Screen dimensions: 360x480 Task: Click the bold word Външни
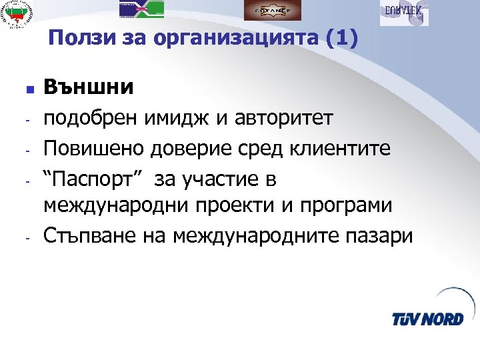(89, 87)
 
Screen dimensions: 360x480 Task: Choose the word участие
(224, 178)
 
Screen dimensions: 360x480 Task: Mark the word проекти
(235, 205)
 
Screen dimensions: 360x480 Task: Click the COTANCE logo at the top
(272, 11)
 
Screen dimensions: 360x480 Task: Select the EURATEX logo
(404, 12)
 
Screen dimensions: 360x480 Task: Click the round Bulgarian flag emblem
(18, 15)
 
